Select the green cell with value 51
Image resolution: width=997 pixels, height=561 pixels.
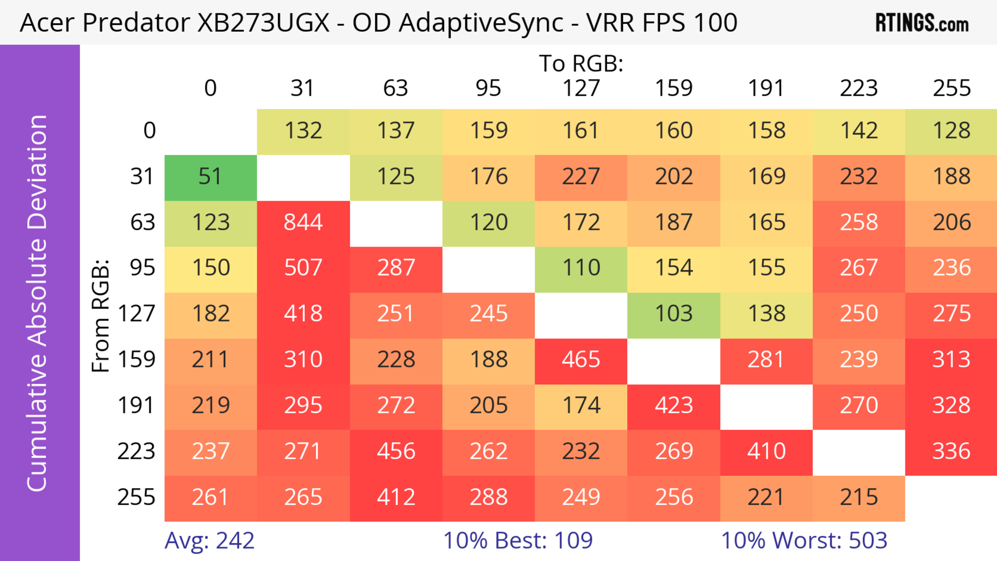tap(211, 177)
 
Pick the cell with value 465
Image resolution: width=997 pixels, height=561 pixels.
tap(581, 360)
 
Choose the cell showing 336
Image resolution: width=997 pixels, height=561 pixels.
tap(951, 451)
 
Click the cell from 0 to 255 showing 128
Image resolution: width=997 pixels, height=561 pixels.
tap(951, 131)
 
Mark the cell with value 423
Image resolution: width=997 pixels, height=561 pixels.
tap(673, 405)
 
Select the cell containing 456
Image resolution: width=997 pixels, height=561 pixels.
tap(396, 451)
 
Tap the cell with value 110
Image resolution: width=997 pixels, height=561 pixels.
tap(581, 268)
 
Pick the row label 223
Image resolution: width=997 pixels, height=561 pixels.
tap(136, 451)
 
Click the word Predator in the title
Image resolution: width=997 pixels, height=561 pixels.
tap(136, 23)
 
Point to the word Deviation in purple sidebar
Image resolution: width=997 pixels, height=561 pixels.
tap(38, 171)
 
